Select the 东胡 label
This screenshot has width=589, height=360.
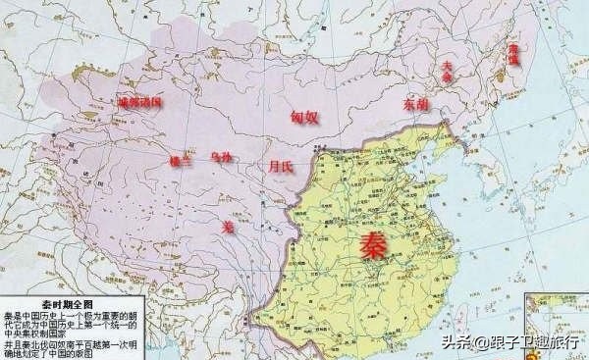click(416, 102)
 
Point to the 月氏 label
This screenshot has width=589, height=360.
click(281, 167)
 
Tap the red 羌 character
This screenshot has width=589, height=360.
click(229, 226)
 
